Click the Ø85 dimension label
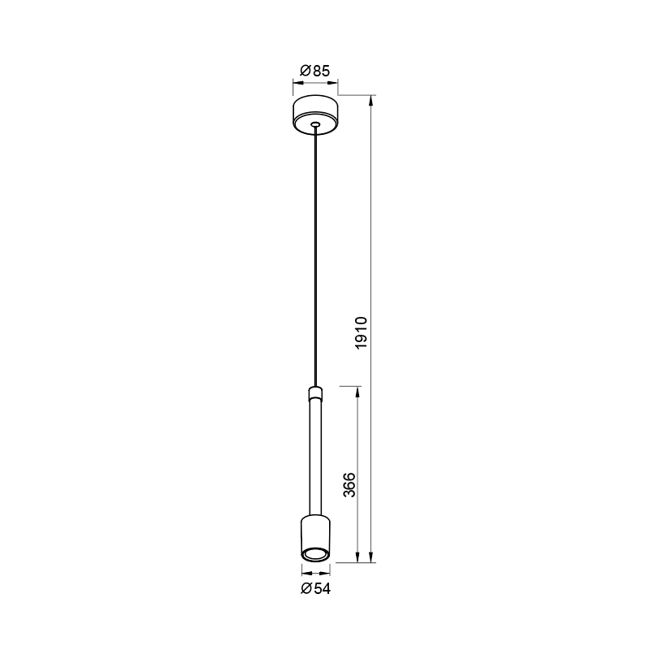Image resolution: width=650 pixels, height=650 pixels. tap(314, 71)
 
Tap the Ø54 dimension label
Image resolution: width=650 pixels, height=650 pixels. tap(315, 588)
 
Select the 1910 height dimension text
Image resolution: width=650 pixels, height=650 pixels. tap(362, 333)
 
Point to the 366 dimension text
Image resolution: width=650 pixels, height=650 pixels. tap(349, 484)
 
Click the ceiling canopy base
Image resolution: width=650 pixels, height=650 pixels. tap(315, 115)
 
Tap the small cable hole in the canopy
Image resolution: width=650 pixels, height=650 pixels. tap(315, 123)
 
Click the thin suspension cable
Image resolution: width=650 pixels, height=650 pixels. tap(315, 256)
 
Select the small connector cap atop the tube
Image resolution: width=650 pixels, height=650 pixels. tap(315, 392)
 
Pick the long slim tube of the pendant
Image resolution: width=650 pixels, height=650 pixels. tap(315, 456)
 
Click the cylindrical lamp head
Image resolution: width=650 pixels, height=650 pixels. tap(315, 538)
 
